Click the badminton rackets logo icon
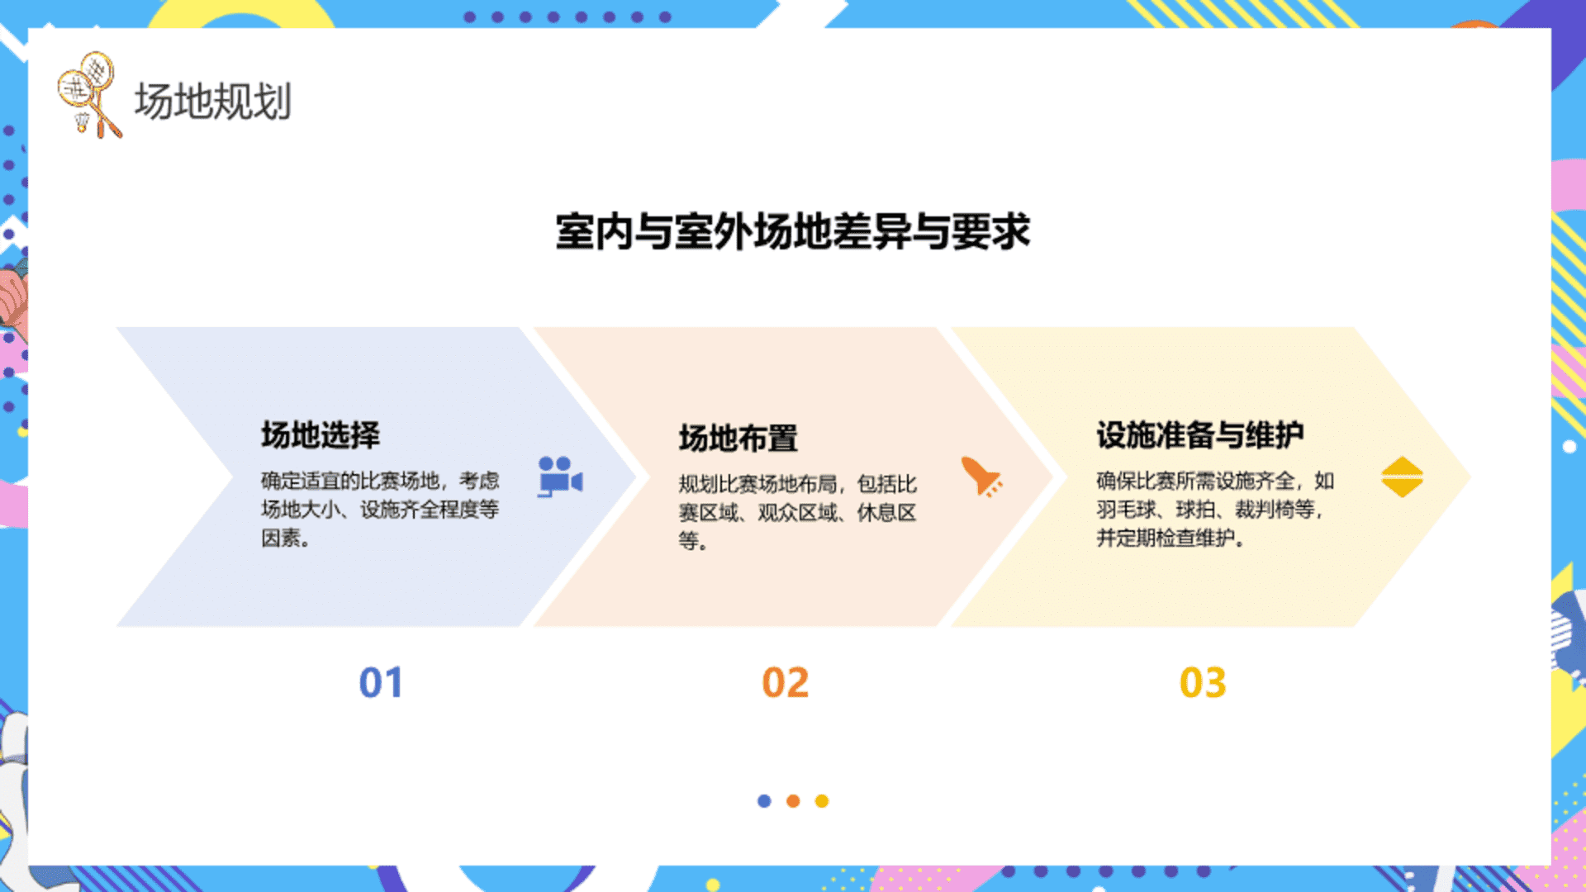coord(89,95)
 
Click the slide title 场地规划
coord(213,102)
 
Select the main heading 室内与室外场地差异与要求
coord(793,231)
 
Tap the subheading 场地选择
coord(321,434)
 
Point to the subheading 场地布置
coord(738,438)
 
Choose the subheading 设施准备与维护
coord(1200,434)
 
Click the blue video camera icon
coord(560,477)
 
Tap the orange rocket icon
coord(981,476)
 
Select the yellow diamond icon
coord(1402,477)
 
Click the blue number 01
coord(381,683)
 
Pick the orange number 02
coord(785,683)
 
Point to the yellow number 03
coord(1203,683)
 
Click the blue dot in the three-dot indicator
coord(764,801)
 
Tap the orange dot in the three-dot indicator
coord(793,801)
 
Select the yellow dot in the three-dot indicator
coord(822,801)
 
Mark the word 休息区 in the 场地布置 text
coord(886,513)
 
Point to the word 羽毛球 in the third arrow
coord(1126,510)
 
